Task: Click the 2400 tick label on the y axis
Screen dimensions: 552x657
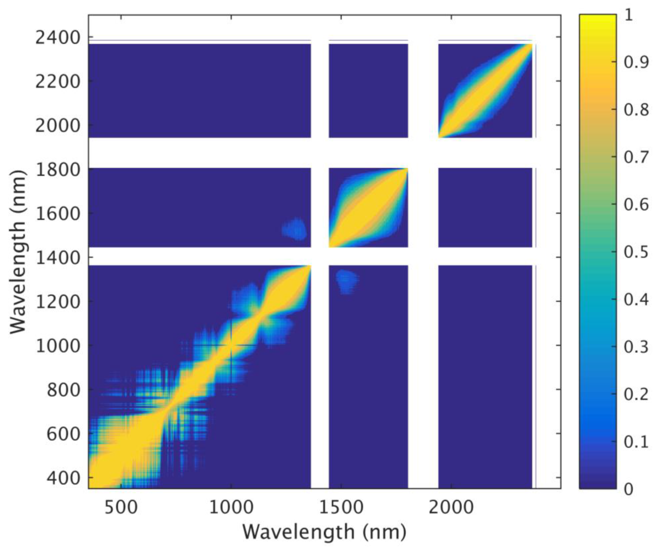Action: tap(58, 38)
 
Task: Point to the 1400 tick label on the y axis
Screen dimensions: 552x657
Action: tap(58, 258)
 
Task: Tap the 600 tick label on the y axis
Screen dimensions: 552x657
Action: tap(63, 434)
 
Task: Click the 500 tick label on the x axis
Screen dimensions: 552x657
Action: tap(121, 508)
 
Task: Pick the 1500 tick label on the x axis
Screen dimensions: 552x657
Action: tap(341, 508)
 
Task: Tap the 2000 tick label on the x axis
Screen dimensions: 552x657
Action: tap(451, 508)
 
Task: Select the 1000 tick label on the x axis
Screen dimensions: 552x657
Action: tap(231, 508)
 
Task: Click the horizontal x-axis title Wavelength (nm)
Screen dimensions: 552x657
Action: tap(324, 532)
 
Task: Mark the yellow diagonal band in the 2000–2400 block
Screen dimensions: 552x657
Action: tap(485, 91)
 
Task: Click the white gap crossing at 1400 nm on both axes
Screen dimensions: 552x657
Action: tap(320, 256)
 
